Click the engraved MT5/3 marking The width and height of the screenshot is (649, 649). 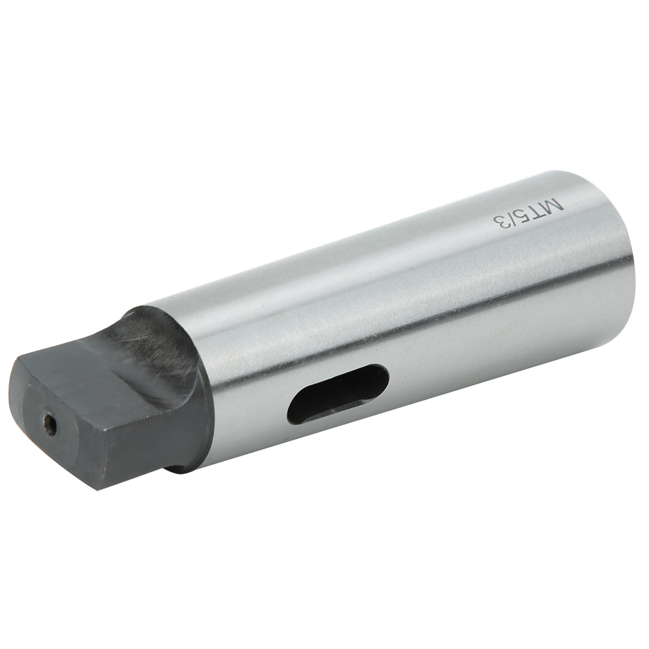(x=528, y=212)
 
